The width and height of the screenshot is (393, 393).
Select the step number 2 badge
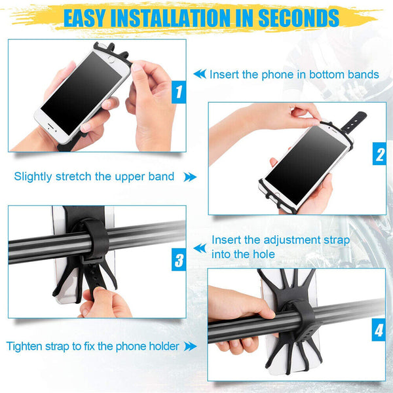pyautogui.click(x=379, y=155)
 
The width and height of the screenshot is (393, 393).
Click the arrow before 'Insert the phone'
pyautogui.click(x=199, y=75)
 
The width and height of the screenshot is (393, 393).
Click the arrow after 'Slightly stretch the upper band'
pyautogui.click(x=189, y=177)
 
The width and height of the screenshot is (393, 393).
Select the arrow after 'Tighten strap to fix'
pyautogui.click(x=191, y=346)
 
